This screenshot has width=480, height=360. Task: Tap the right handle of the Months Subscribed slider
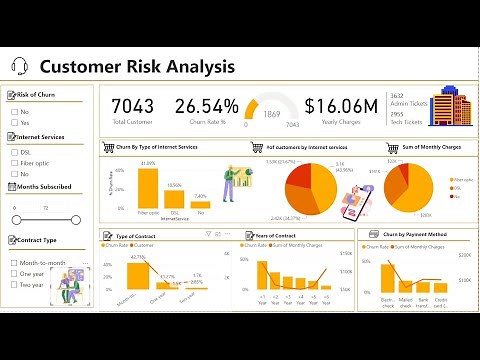[72, 220]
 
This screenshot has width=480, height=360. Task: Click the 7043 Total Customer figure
[132, 105]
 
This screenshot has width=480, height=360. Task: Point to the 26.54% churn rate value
[206, 106]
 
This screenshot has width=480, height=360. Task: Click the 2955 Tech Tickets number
[397, 115]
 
